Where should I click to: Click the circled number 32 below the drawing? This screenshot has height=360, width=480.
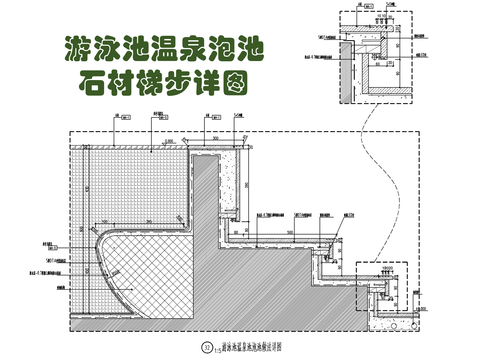(x=208, y=345)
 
